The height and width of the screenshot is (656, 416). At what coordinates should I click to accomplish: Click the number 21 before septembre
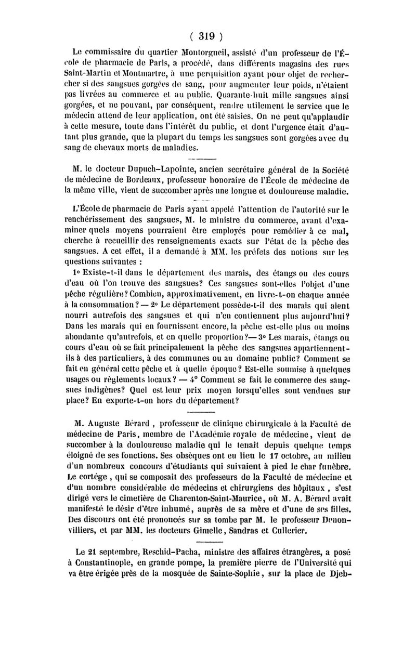[x=81, y=551]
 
